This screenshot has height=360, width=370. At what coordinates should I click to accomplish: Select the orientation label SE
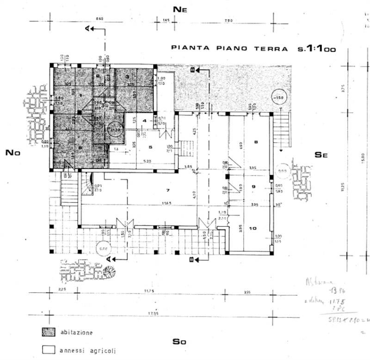point(321,155)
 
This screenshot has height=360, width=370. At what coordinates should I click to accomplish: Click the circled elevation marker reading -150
point(278,98)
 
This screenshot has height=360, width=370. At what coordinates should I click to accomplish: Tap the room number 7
point(168,190)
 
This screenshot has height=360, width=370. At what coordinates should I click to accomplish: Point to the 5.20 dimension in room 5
point(147,161)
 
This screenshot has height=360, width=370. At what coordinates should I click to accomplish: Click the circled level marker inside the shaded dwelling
point(114,130)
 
